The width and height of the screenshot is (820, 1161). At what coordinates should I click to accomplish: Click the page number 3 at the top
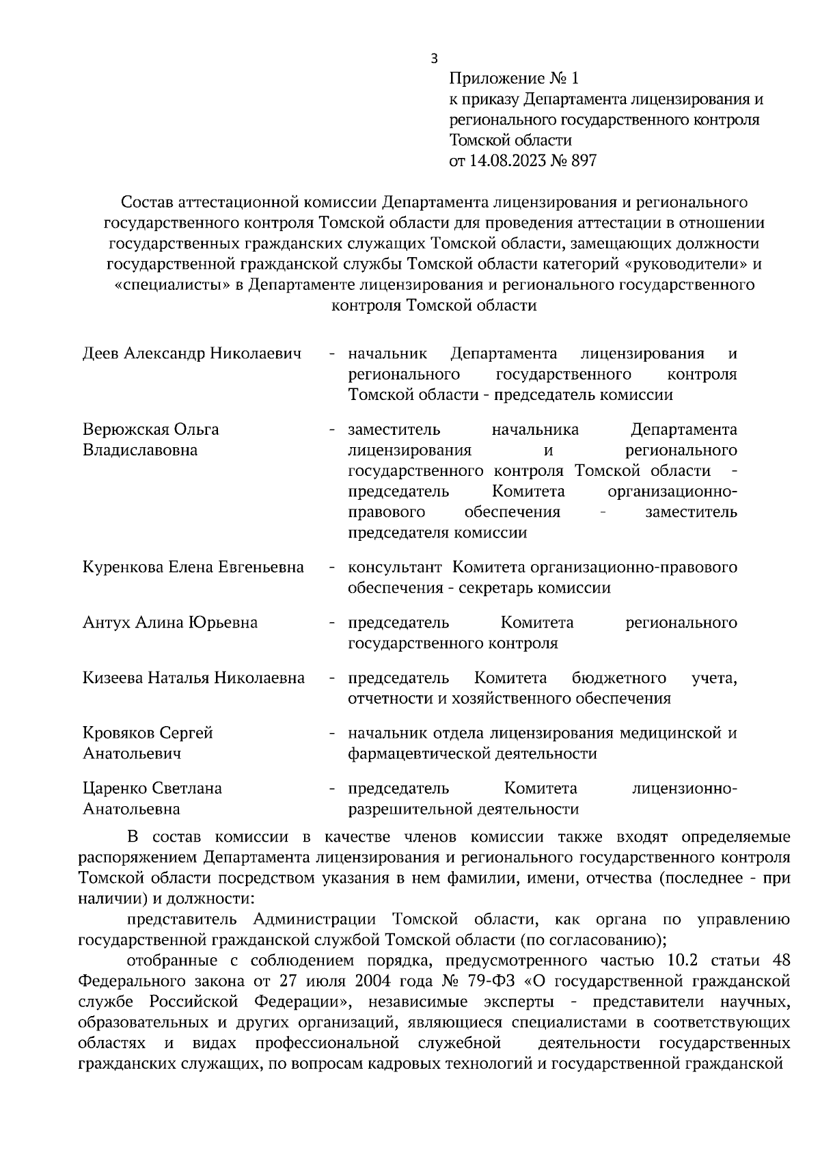(434, 59)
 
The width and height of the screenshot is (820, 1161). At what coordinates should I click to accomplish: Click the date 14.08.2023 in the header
(506, 161)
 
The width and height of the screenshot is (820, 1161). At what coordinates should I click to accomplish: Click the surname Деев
(101, 354)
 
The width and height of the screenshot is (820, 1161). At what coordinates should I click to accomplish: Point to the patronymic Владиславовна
(139, 451)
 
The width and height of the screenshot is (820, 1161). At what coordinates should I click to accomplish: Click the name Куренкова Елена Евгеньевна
(193, 568)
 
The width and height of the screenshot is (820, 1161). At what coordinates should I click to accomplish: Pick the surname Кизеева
(112, 678)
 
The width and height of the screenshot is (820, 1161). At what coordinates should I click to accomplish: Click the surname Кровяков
(119, 733)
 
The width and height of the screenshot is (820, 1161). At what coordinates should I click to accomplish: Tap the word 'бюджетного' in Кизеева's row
(618, 678)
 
